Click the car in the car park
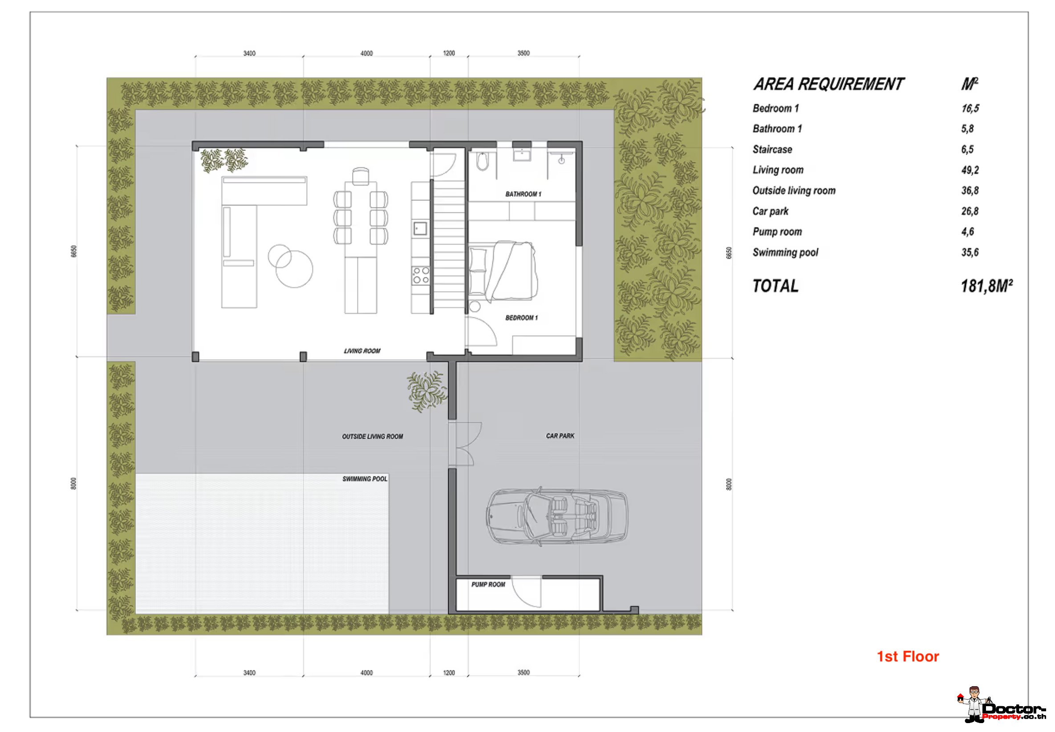click(x=556, y=516)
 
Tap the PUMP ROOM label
click(x=488, y=584)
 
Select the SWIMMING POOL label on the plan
click(x=365, y=479)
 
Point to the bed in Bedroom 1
click(x=503, y=272)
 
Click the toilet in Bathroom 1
click(x=483, y=162)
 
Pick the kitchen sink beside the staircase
click(x=420, y=228)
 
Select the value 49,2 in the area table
click(x=970, y=170)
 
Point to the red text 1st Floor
click(x=908, y=656)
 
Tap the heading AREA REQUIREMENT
click(x=828, y=85)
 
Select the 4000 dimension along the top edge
click(x=366, y=53)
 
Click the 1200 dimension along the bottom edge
click(x=449, y=673)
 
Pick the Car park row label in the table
click(x=770, y=211)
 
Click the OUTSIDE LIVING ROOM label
click(x=372, y=437)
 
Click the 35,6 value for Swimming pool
click(x=970, y=252)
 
